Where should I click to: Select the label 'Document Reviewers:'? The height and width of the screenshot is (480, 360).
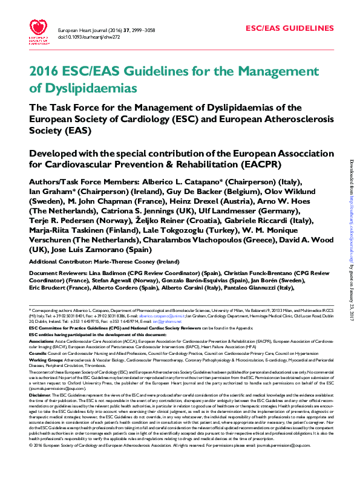[x=50, y=274]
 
